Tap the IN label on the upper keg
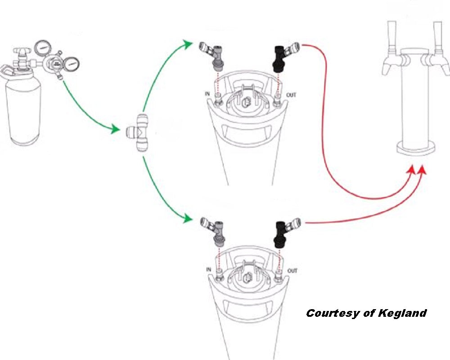[208, 94]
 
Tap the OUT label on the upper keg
[292, 95]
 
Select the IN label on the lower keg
[209, 269]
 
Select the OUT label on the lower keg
[292, 270]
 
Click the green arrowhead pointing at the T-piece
[114, 130]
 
